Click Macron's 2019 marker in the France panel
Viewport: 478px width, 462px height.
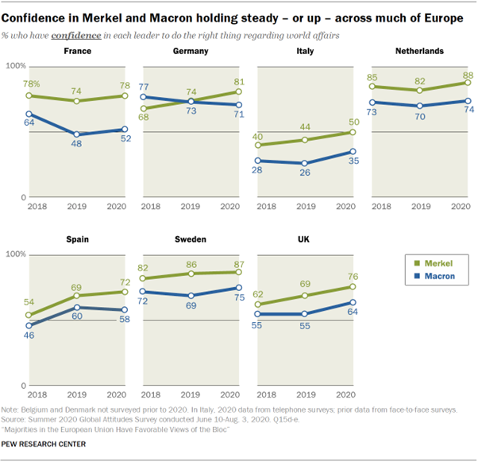pyautogui.click(x=76, y=134)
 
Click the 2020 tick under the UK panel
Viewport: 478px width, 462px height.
pyautogui.click(x=345, y=394)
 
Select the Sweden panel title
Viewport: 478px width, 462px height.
pyautogui.click(x=190, y=239)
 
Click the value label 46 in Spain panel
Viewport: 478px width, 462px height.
pyautogui.click(x=29, y=336)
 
